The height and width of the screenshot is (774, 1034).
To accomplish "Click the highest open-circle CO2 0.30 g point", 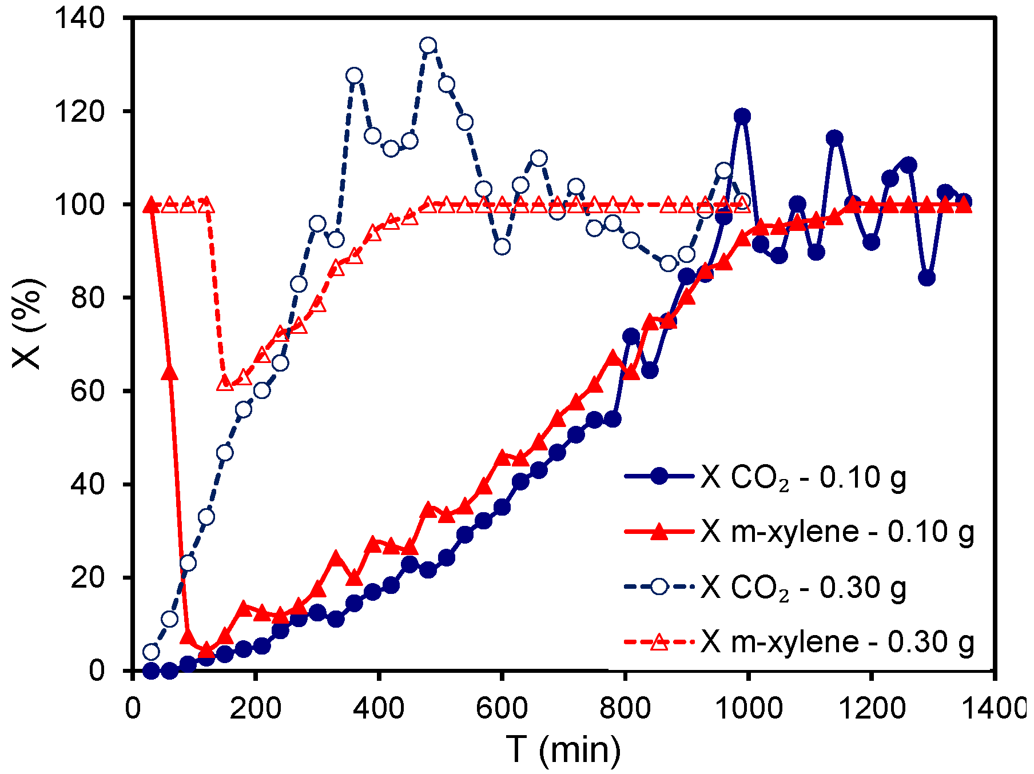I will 428,46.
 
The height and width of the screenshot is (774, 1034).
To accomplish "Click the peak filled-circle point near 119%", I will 742,116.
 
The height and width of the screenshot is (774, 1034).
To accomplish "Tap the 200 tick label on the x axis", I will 256,709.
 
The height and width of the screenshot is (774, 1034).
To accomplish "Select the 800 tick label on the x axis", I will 625,709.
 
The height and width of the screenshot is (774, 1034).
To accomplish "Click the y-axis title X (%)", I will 27,324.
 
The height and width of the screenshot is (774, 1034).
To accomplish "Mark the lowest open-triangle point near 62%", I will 225,384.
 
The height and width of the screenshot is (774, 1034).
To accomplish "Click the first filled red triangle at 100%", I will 152,205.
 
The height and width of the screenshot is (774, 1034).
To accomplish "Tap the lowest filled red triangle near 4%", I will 206,650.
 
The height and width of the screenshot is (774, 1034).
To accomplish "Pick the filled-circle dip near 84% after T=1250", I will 927,278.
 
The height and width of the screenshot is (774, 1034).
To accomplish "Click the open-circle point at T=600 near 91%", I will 502,247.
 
